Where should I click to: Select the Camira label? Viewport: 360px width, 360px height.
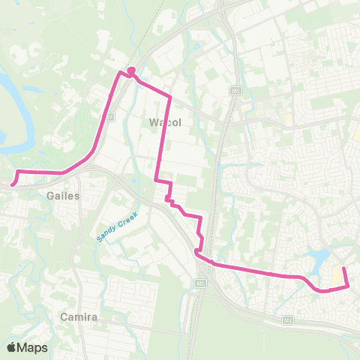pyautogui.click(x=81, y=317)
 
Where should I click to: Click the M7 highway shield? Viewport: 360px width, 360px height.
pyautogui.click(x=109, y=116)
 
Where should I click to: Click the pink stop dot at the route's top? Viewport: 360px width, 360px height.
pyautogui.click(x=130, y=71)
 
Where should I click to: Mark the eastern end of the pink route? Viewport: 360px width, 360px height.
pyautogui.click(x=343, y=268)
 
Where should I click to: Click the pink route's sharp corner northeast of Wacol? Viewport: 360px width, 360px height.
pyautogui.click(x=170, y=97)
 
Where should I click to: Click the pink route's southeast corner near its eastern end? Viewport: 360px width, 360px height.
pyautogui.click(x=348, y=286)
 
